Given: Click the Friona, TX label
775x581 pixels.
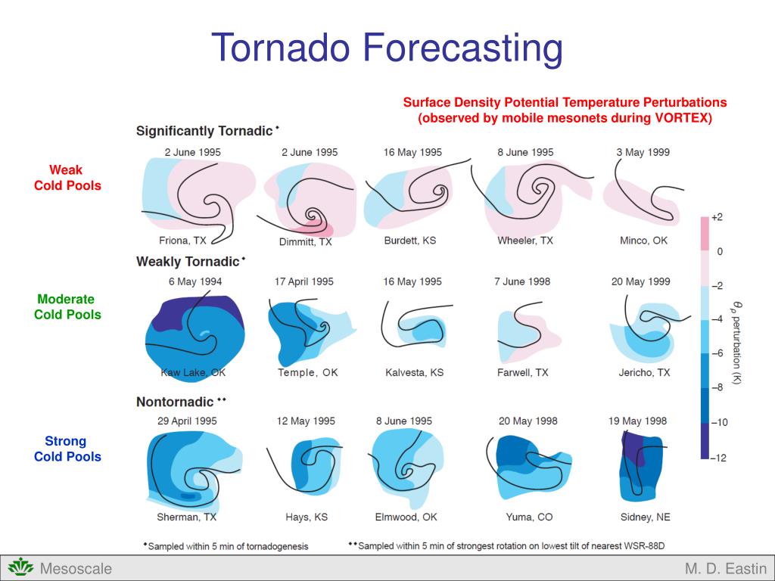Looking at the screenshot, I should point(182,241).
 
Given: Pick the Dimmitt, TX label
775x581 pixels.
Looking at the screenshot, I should point(306,242).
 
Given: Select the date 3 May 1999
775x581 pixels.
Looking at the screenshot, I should point(643,152).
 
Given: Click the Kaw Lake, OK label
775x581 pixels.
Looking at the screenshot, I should point(193,373).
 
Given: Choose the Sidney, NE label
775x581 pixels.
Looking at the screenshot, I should point(645,517).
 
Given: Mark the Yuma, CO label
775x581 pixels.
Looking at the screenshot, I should point(529,517).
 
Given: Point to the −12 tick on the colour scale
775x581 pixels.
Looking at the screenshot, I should point(717,458).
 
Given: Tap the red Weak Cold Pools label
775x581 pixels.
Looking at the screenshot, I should point(67,178).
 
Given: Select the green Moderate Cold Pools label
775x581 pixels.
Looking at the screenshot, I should point(67,307).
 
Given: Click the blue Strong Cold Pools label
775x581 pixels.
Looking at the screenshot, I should point(67,449).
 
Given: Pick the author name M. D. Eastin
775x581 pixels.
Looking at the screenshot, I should point(725,569).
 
